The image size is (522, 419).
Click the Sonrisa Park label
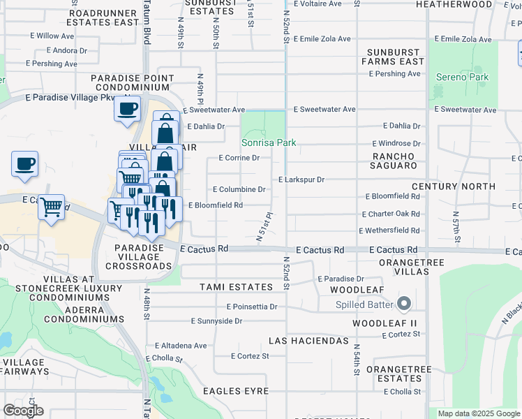point(269,142)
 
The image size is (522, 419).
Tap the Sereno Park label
point(461,77)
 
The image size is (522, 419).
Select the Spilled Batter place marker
point(403,304)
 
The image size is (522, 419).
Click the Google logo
point(23,411)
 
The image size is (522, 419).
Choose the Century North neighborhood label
point(454,186)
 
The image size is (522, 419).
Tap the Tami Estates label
point(236,287)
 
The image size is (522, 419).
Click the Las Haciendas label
point(308,341)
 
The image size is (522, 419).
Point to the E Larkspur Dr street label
point(301,179)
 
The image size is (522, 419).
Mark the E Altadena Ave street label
point(181,346)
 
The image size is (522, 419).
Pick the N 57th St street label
point(456,228)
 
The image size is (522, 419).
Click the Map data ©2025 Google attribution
point(477,413)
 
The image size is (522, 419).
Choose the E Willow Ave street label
point(52,36)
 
